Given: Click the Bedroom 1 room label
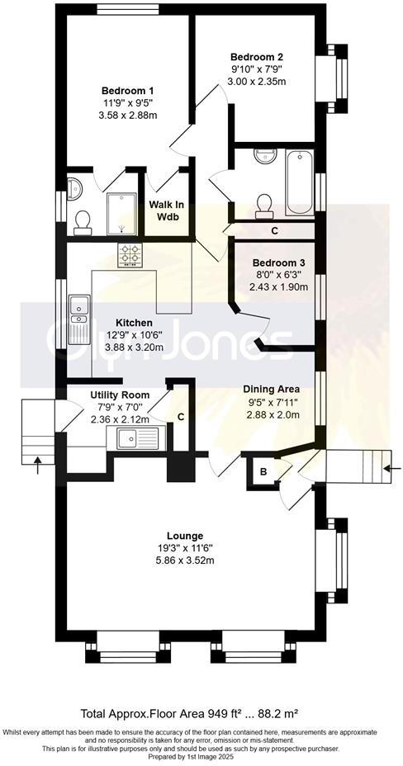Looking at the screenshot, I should point(127,91).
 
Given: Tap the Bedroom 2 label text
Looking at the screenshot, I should point(257,56).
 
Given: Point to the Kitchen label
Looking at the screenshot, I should point(133,322).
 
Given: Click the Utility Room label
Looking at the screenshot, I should point(119,395).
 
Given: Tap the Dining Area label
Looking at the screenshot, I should point(271,389).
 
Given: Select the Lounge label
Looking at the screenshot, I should point(185,535).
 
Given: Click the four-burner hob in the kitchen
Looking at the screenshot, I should point(131,256).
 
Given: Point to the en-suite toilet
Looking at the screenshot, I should point(83,220).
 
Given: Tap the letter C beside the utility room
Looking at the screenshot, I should point(181,417).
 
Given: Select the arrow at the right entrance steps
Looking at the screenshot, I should point(389,469).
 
